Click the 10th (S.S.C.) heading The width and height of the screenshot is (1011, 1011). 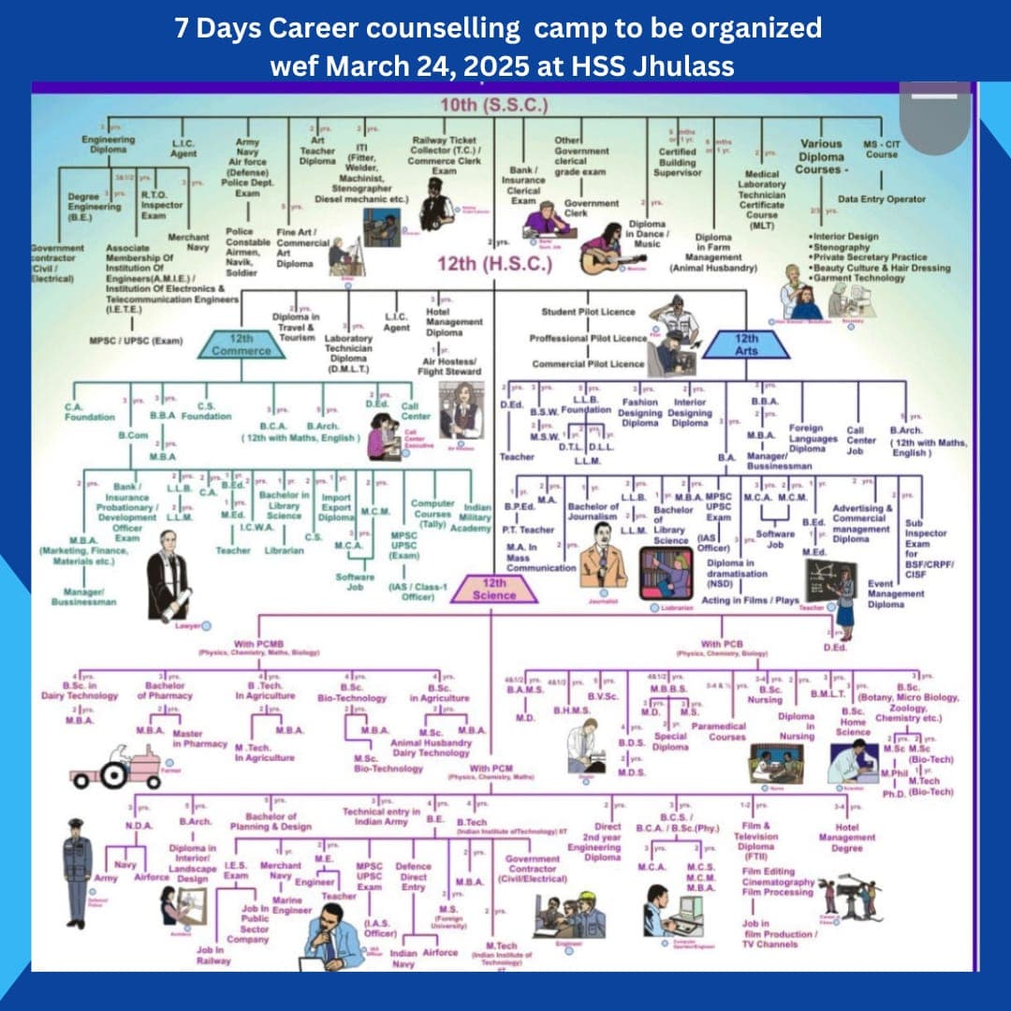[x=494, y=104]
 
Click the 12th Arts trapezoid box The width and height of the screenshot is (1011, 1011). [x=745, y=344]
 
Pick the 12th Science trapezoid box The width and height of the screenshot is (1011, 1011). [x=494, y=589]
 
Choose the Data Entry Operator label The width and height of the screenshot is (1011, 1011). [x=881, y=199]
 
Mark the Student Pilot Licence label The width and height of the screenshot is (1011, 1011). [x=588, y=312]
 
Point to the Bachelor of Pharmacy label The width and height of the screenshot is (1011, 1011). [x=168, y=690]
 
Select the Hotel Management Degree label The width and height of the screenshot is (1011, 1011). [x=853, y=838]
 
